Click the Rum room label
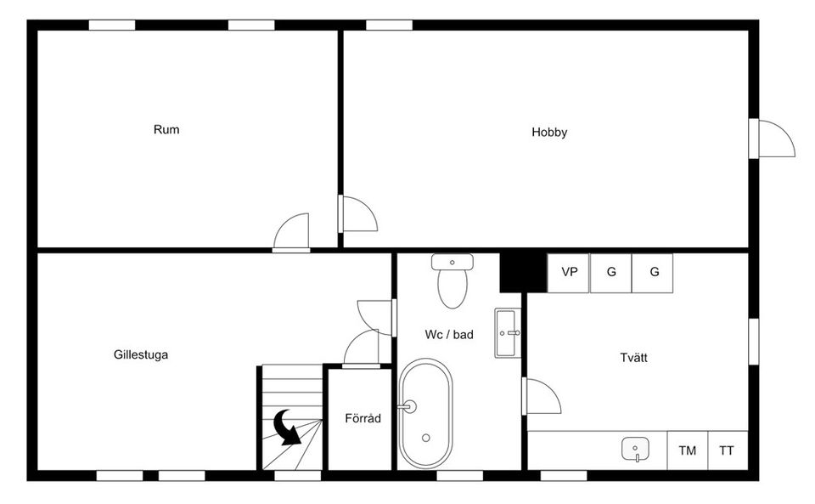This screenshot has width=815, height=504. click(x=166, y=130)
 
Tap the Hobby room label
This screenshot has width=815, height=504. click(x=549, y=133)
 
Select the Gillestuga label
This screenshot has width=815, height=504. click(x=141, y=355)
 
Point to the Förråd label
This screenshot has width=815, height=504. click(x=363, y=419)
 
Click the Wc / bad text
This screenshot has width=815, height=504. click(x=449, y=335)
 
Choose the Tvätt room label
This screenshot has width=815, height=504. click(x=633, y=358)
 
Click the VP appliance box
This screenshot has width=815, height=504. click(x=569, y=273)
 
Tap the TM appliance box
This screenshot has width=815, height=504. click(x=687, y=450)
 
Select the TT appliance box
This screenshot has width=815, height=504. click(x=727, y=450)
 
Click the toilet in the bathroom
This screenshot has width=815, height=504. click(x=451, y=281)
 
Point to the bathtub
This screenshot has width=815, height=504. click(x=425, y=414)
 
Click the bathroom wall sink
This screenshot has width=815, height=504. click(x=508, y=333)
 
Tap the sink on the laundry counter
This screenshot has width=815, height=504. click(x=636, y=448)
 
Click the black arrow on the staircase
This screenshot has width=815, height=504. click(x=288, y=427)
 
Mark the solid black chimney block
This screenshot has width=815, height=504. click(x=522, y=272)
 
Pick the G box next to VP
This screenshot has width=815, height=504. click(x=610, y=273)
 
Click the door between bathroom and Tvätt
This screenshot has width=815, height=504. click(x=541, y=397)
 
